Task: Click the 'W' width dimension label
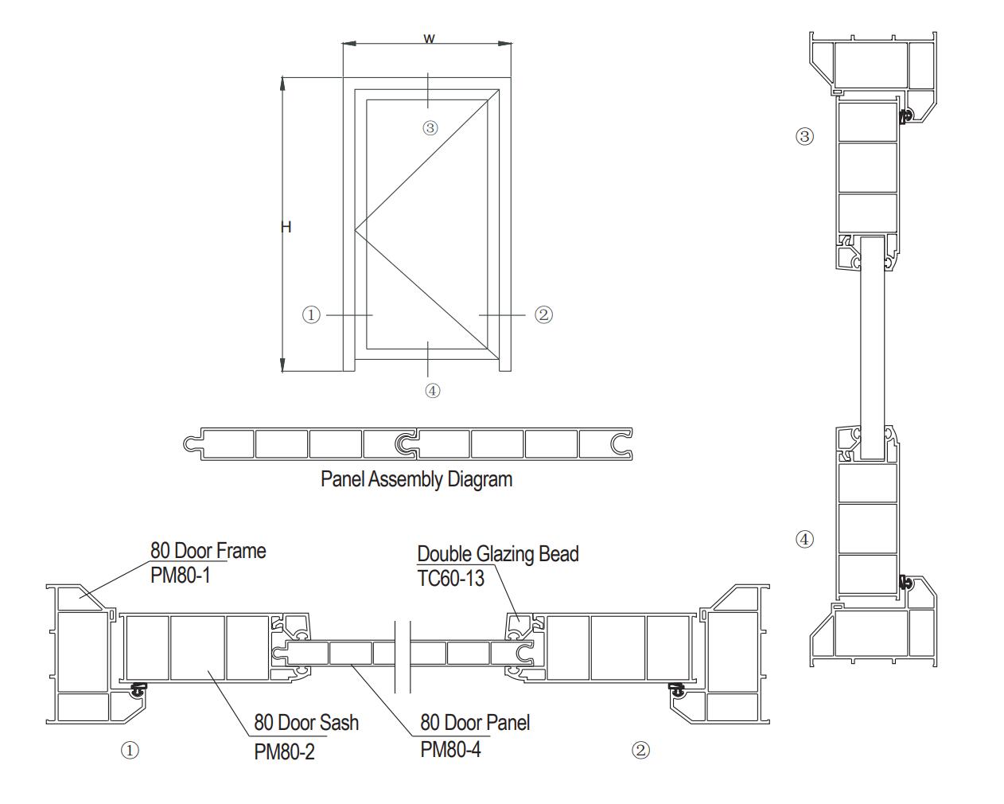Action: pos(429,38)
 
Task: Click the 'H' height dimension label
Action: pos(286,227)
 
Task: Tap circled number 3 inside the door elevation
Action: pos(430,127)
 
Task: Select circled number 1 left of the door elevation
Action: pos(311,315)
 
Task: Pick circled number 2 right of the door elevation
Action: pos(543,315)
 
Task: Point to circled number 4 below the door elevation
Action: pos(432,390)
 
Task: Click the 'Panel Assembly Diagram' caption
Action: pos(416,479)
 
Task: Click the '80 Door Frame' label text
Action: pos(208,551)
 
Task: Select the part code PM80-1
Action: pos(181,575)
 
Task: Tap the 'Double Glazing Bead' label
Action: pos(498,554)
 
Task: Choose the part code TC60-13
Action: pos(450,579)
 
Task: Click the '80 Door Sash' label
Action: pos(306,723)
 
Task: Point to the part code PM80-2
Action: pos(284,751)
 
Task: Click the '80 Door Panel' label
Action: pos(475,723)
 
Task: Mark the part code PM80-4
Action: pos(450,749)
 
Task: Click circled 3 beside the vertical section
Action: pos(804,136)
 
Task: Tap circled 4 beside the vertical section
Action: pos(804,539)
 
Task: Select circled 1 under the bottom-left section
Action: pos(130,750)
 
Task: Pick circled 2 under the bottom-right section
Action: pos(640,750)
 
